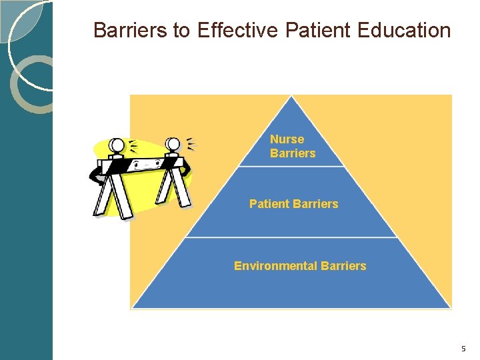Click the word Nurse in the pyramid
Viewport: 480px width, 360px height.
tap(287, 139)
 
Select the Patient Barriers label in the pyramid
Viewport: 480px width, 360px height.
tap(293, 204)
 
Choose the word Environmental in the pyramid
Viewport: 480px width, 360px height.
tap(275, 266)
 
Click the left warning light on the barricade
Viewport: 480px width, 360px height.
tap(117, 145)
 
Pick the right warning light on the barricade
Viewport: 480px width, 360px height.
tap(173, 144)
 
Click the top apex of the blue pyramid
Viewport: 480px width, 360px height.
tap(291, 98)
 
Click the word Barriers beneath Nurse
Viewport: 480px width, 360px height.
tap(293, 153)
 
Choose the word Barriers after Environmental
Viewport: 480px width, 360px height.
tap(343, 266)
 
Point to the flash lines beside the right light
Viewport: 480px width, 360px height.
tap(191, 143)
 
